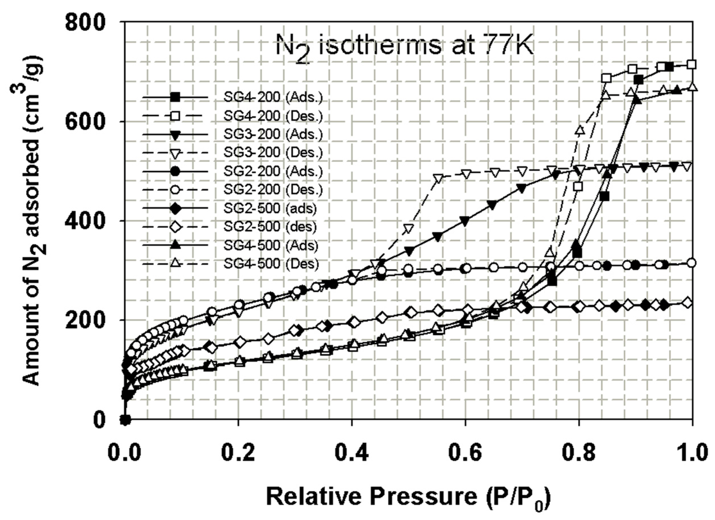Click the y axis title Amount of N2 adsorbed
33,221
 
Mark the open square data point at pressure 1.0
692,65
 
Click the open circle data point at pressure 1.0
692,263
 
